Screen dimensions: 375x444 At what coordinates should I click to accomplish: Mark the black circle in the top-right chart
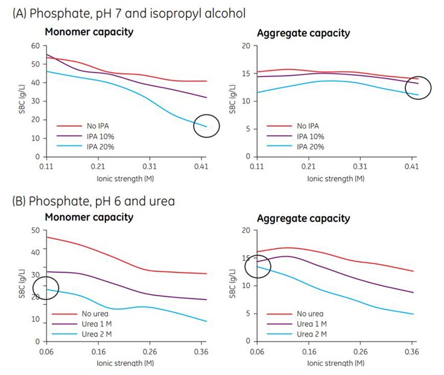click(418, 88)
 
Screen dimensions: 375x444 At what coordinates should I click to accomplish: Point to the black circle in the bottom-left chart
click(45, 288)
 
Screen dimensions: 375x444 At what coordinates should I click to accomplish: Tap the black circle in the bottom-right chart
click(258, 265)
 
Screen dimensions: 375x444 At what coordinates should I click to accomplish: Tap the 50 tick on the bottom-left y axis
click(35, 230)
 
